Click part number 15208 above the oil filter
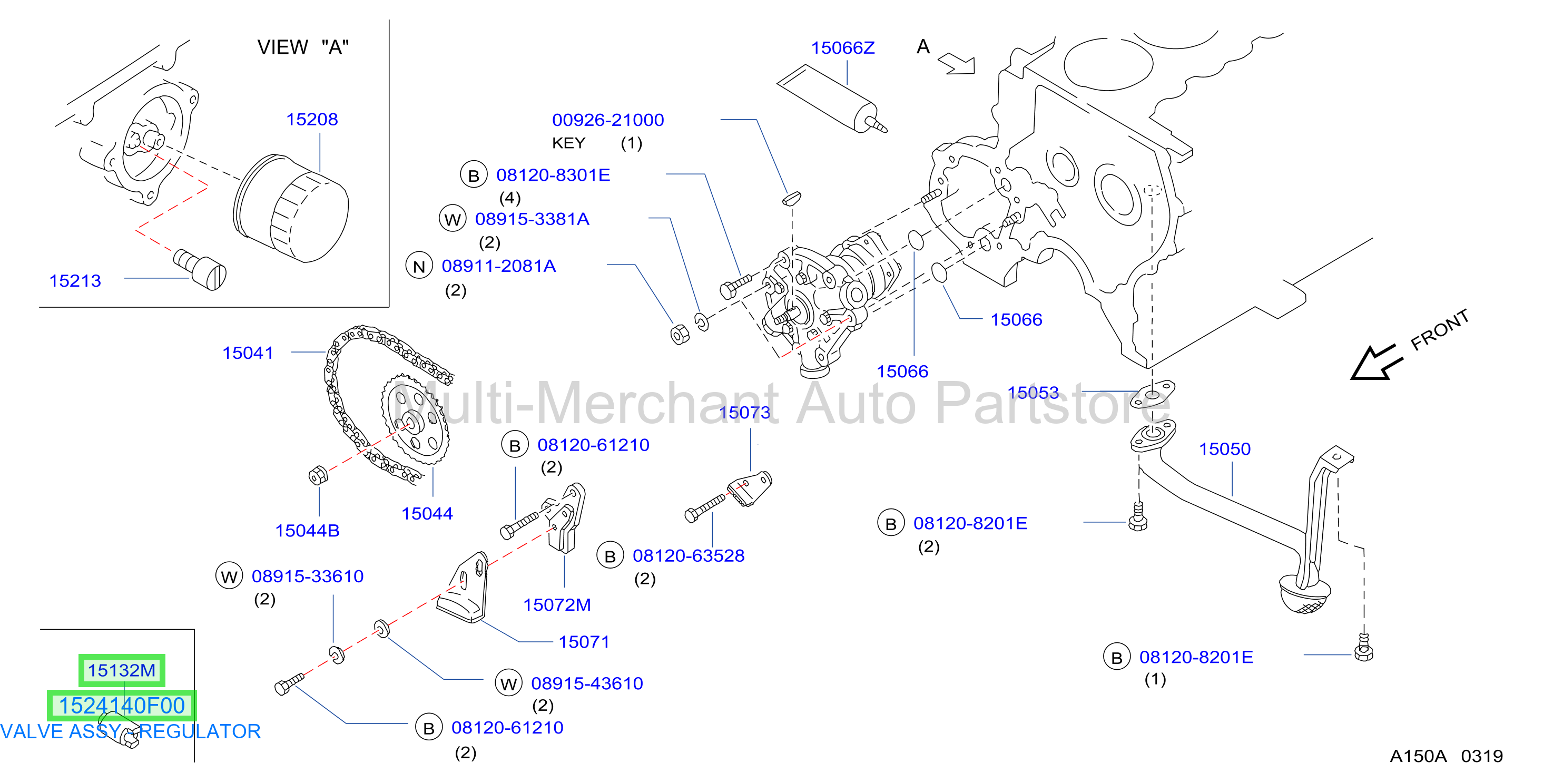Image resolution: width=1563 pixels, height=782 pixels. point(312,119)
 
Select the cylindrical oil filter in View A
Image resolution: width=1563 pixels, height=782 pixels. point(291,208)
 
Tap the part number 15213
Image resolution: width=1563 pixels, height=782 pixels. point(75,280)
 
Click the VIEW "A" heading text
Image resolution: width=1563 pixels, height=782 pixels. point(303,47)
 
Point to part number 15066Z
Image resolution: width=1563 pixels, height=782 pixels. point(843,47)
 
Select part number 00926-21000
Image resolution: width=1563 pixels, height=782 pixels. point(608,120)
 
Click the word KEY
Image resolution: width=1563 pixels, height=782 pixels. point(568,143)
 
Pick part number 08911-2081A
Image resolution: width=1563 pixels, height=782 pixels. point(499,266)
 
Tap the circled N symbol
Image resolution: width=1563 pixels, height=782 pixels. point(419,266)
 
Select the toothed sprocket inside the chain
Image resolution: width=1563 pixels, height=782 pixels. point(416,419)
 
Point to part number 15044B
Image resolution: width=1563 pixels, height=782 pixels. point(307,531)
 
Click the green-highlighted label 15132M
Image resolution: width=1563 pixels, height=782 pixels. point(121,670)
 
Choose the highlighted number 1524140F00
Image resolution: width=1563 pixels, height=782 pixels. point(121,706)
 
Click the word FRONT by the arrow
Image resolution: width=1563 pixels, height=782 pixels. point(1440,330)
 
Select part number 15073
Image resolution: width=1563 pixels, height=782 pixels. point(744,412)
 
